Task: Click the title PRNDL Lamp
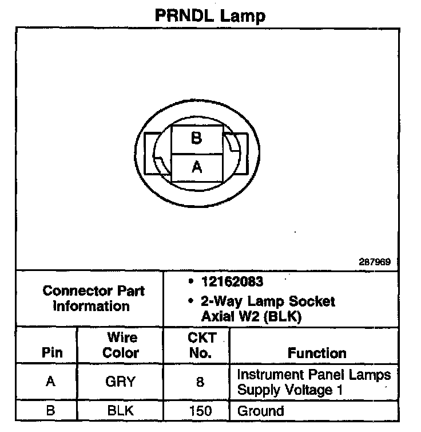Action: (x=210, y=15)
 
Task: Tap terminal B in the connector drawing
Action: (x=196, y=139)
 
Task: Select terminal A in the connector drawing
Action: (x=196, y=167)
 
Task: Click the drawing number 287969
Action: (x=375, y=262)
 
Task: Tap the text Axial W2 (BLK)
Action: (x=251, y=315)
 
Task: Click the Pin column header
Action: (x=52, y=352)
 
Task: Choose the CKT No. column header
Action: (x=200, y=345)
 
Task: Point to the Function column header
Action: (x=316, y=352)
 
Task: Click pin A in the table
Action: (x=51, y=382)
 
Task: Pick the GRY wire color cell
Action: (x=120, y=382)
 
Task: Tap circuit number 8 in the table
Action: (x=200, y=382)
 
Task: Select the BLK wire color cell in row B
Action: (x=120, y=411)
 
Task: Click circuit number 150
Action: (x=200, y=411)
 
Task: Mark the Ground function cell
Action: (x=260, y=411)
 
